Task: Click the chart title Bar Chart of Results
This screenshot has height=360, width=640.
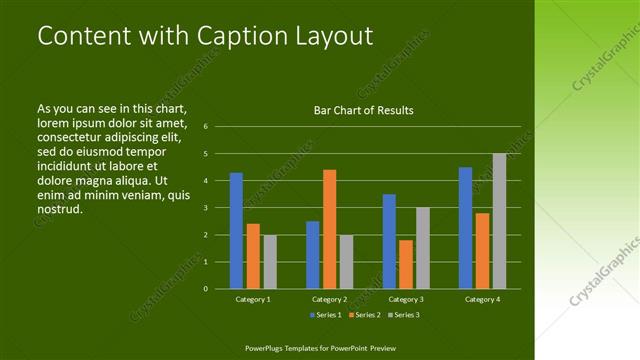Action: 363,110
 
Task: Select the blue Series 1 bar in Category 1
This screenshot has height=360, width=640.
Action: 236,230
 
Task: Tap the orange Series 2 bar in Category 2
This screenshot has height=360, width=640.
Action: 330,229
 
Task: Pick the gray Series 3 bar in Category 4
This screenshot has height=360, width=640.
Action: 499,221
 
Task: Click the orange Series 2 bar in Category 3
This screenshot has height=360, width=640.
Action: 406,264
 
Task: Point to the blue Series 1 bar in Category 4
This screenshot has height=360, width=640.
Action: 465,228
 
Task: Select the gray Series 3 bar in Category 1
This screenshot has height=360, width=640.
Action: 269,261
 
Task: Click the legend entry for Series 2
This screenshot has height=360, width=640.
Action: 364,315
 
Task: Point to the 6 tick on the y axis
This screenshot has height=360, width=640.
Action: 204,127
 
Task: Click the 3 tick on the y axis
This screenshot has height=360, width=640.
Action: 204,208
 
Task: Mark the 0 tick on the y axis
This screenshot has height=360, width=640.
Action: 204,289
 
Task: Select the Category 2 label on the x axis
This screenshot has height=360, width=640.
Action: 330,299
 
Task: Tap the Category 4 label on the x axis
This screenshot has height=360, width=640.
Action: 483,299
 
